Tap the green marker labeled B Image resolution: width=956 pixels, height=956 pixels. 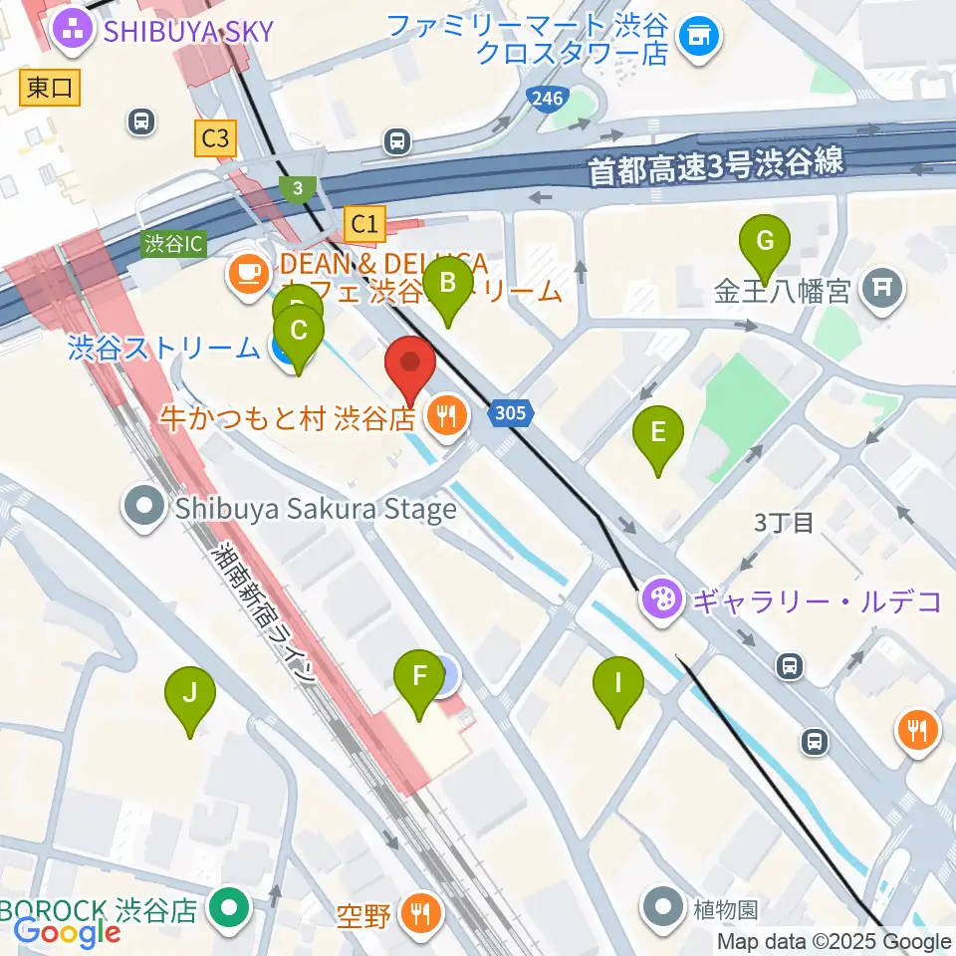tap(448, 286)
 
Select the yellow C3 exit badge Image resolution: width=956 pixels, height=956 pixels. tap(215, 138)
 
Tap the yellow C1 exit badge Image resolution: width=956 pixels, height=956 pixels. tap(364, 223)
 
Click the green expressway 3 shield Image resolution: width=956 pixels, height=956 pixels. tap(298, 188)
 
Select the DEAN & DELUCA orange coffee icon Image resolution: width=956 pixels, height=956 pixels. tap(245, 272)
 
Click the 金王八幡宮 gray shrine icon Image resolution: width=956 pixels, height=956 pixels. tap(882, 290)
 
